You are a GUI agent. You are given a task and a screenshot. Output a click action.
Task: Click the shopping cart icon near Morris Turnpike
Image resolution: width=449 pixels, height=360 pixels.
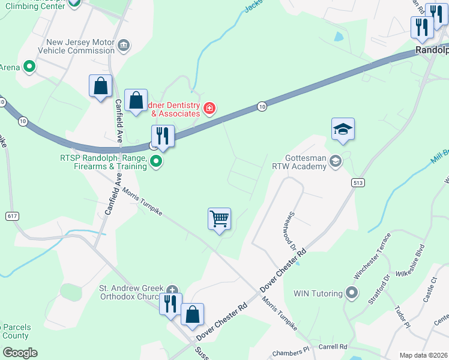(220, 219)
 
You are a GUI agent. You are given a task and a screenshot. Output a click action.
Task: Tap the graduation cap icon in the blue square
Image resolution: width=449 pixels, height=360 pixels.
(343, 129)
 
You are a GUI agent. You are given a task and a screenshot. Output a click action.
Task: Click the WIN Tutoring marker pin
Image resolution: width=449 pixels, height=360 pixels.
(352, 293)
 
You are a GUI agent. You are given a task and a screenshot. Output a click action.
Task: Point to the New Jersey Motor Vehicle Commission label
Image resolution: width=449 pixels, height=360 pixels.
(80, 47)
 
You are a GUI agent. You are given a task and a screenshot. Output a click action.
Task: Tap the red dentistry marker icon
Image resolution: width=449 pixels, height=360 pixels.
(209, 109)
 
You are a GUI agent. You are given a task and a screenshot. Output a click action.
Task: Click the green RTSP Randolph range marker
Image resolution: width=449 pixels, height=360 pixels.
(156, 161)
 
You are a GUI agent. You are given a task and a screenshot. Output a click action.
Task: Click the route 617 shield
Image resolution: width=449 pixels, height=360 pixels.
(12, 215)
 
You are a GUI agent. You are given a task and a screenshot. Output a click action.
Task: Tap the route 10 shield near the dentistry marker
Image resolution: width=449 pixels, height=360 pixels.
(262, 106)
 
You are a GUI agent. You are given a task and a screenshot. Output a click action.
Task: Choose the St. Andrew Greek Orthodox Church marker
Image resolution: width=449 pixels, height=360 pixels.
(173, 289)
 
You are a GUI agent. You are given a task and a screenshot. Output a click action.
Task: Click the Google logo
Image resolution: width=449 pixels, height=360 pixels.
(19, 352)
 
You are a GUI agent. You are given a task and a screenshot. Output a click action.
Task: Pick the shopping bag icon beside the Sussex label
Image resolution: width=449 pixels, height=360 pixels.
(192, 314)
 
